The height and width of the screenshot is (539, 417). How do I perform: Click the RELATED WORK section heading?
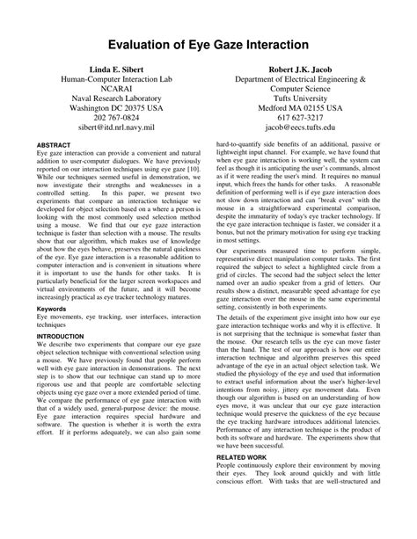tap(244, 482)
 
